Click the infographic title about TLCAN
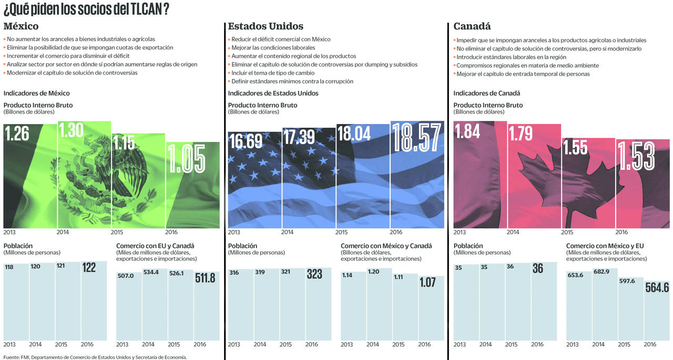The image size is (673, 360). click(86, 10)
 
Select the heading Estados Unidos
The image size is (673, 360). click(266, 26)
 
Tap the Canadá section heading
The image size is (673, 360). click(472, 26)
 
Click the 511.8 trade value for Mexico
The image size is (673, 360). click(206, 277)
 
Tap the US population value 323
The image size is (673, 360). click(314, 274)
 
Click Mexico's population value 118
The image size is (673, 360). click(9, 267)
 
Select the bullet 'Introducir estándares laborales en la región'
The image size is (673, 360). click(511, 57)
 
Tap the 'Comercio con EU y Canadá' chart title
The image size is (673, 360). click(155, 246)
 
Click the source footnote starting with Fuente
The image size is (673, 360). click(95, 357)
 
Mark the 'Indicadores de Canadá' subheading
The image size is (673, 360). click(487, 93)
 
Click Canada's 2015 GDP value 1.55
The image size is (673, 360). click(575, 148)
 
